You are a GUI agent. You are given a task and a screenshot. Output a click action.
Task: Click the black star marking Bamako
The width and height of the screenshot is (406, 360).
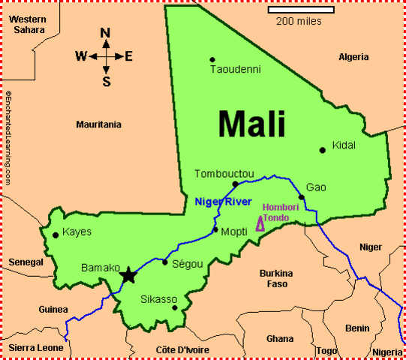click(x=128, y=275)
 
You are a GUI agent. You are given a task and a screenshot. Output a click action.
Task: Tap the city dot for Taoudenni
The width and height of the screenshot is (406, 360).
click(x=212, y=59)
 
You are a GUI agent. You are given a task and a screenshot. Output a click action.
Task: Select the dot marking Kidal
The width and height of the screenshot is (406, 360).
click(x=323, y=150)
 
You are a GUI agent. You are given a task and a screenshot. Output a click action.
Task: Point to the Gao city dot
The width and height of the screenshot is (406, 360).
click(x=301, y=197)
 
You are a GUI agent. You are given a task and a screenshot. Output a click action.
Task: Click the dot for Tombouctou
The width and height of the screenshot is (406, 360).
click(x=235, y=184)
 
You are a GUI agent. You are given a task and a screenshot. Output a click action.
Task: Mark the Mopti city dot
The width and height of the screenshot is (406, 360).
click(x=215, y=229)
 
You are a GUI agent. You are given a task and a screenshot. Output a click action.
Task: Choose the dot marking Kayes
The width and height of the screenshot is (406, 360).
click(x=55, y=235)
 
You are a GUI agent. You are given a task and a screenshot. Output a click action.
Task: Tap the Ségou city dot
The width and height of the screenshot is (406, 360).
click(x=165, y=262)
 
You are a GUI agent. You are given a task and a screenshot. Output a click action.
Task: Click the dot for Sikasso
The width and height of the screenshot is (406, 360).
click(x=175, y=307)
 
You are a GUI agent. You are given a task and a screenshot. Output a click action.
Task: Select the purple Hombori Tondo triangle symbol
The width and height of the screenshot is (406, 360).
click(x=260, y=223)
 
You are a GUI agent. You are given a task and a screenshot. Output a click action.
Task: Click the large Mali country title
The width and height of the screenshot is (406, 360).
click(x=251, y=124)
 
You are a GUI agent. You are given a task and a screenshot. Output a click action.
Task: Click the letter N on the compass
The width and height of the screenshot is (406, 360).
click(x=105, y=32)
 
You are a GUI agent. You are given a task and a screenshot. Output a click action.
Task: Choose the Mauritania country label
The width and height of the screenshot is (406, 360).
click(x=98, y=124)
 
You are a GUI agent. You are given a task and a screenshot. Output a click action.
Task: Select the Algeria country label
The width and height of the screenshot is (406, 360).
click(x=353, y=57)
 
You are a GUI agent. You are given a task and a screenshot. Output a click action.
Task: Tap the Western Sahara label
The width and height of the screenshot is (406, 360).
click(x=29, y=23)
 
